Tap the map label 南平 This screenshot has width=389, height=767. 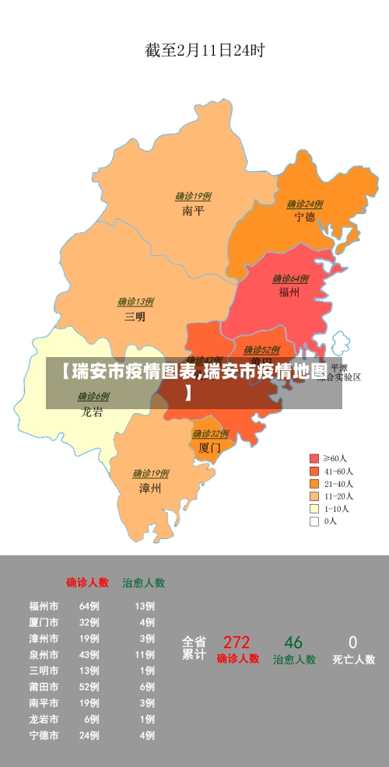click(193, 210)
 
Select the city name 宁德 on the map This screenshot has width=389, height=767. click(304, 217)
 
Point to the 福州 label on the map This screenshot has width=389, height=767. click(289, 292)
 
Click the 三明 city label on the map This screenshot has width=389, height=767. click(135, 317)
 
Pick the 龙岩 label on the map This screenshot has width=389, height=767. click(92, 412)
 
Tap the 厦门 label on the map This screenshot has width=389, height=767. click(209, 447)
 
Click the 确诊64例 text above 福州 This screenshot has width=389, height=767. click(290, 278)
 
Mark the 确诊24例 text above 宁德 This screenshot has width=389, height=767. click(304, 204)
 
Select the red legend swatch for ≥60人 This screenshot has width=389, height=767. click(314, 458)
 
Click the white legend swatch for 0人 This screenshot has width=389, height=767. click(314, 521)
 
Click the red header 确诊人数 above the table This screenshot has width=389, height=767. click(87, 582)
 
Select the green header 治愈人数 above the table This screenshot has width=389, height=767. click(143, 582)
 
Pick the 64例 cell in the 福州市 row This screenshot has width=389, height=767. click(89, 606)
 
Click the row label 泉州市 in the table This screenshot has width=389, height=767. click(44, 654)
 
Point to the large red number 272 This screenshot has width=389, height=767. click(237, 643)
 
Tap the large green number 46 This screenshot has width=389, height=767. click(293, 643)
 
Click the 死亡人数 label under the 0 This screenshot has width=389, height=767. click(353, 660)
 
